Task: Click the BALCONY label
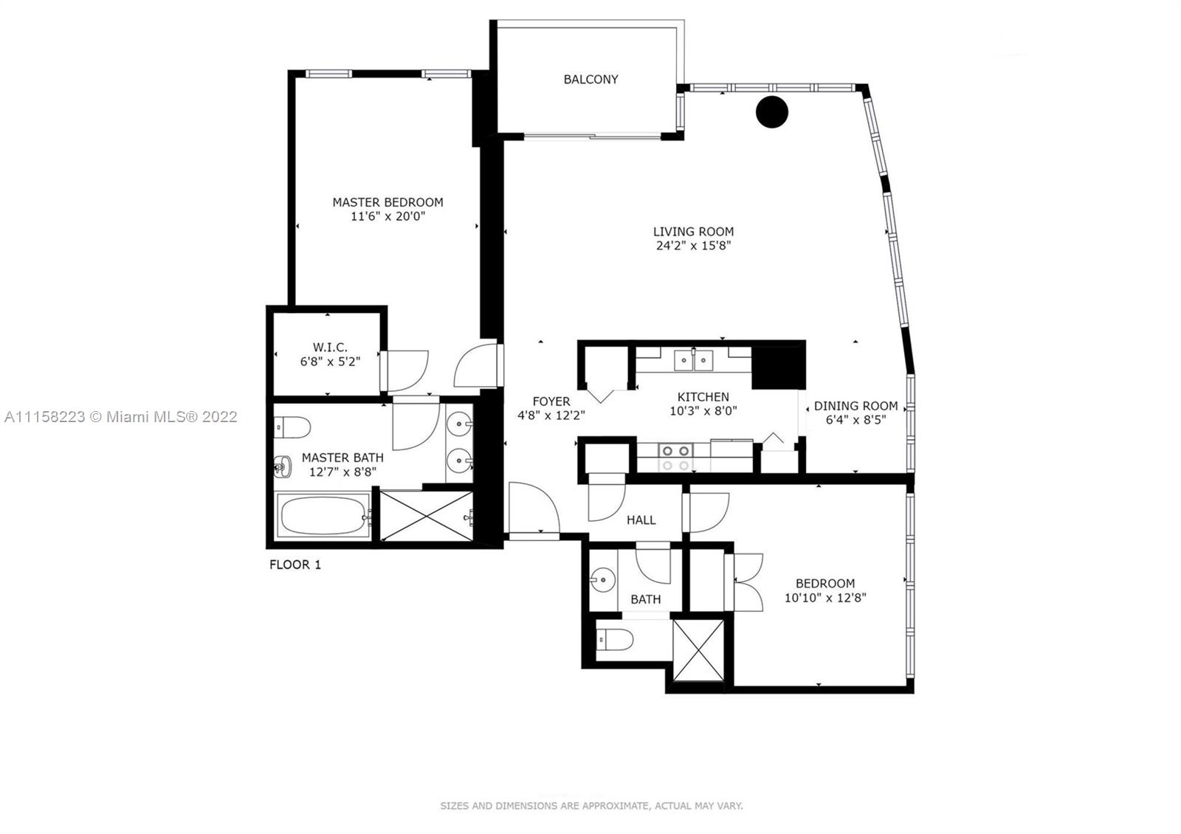590,80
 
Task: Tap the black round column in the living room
772,111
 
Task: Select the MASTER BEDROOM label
388,202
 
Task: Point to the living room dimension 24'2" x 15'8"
693,245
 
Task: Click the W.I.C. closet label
330,348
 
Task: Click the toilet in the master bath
292,427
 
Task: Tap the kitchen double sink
694,361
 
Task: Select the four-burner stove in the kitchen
676,458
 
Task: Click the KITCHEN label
703,397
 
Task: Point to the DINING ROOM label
855,406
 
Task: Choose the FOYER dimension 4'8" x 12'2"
551,416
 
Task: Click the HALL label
641,520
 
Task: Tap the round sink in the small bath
602,580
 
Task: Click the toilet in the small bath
615,640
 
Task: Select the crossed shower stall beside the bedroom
698,650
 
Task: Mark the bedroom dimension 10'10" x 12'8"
826,598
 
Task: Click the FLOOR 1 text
295,565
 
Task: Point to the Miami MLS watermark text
121,417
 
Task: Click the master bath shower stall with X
427,516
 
